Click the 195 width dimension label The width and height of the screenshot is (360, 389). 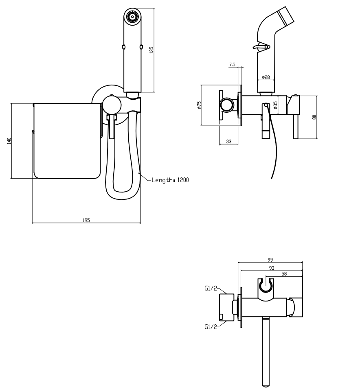[86, 220]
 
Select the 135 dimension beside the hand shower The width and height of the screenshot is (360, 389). [151, 50]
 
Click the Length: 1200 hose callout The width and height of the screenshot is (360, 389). [170, 180]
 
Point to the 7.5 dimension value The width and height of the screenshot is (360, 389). [233, 64]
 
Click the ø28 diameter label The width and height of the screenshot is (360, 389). [266, 77]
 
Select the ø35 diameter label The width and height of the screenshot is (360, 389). [276, 105]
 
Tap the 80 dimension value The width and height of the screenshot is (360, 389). [314, 117]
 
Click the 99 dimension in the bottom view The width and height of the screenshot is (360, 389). [270, 260]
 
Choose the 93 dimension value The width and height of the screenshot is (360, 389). [271, 267]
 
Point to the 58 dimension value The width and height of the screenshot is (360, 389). [284, 274]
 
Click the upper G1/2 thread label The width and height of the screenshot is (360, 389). [211, 289]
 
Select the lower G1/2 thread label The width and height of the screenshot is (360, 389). [211, 326]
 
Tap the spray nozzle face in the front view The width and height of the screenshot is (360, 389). [132, 17]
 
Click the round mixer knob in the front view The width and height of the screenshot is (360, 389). [110, 105]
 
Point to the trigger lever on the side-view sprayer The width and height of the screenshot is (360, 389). [260, 48]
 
